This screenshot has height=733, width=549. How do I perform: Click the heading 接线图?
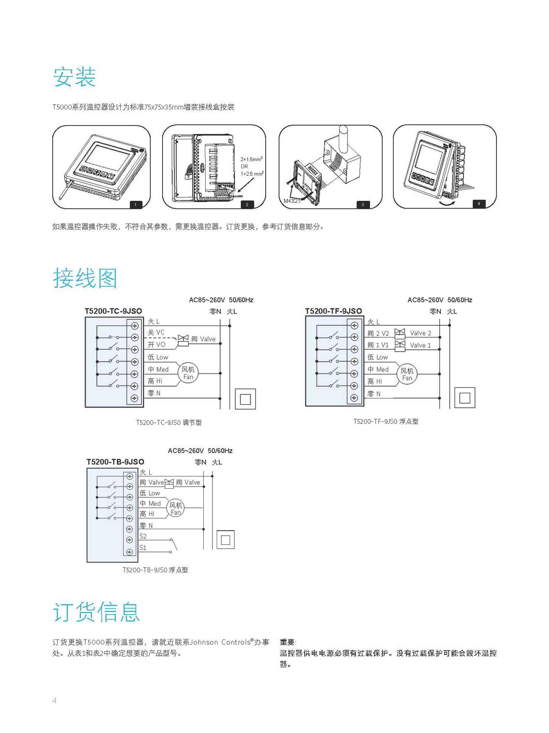[x=85, y=278]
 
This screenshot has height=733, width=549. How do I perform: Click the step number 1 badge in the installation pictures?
[x=135, y=205]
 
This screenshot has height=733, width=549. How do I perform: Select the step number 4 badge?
[x=479, y=203]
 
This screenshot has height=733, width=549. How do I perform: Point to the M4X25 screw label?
[x=291, y=201]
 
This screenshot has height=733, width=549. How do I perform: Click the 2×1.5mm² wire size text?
[x=251, y=159]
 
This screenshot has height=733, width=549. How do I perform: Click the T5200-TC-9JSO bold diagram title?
[x=113, y=311]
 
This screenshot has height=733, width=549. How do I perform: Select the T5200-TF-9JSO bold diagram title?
[x=333, y=311]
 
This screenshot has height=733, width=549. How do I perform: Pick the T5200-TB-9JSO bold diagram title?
[x=115, y=462]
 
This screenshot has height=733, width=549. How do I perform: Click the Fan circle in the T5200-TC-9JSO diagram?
[x=188, y=373]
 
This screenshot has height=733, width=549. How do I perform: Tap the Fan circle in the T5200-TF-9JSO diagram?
[x=407, y=374]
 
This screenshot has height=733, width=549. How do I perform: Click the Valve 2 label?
[x=420, y=333]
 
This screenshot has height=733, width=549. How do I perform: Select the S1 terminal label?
[x=143, y=547]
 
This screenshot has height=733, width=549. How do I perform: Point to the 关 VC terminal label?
[x=156, y=333]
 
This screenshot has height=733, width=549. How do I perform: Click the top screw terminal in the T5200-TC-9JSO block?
[x=134, y=326]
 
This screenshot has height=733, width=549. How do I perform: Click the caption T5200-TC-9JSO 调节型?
[x=169, y=423]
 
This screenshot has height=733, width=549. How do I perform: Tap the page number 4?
[x=54, y=701]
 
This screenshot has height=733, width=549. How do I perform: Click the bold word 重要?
[x=287, y=642]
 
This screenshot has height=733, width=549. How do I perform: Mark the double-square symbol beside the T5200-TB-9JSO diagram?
[x=225, y=540]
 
